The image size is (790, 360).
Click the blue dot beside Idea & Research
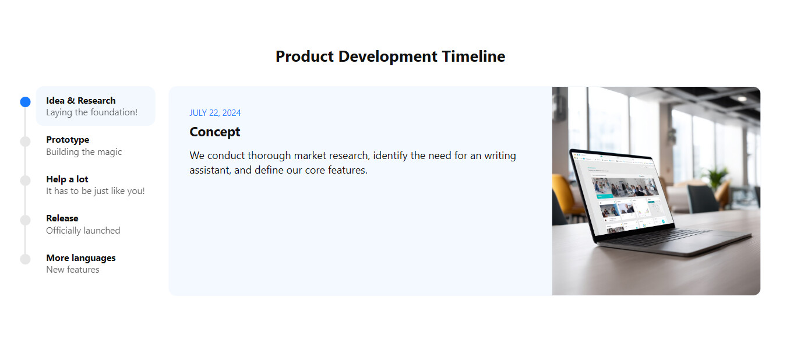pos(26,102)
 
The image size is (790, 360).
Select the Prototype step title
pos(68,140)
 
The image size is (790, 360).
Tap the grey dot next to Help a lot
pos(26,181)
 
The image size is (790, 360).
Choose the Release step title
pos(62,218)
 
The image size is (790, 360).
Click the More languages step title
pos(81,258)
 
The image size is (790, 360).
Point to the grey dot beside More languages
pos(26,259)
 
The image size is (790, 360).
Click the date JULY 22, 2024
pos(215,113)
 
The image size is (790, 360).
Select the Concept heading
pos(215,132)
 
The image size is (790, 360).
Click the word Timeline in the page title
pos(474,57)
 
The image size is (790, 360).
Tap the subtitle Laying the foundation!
pos(91,112)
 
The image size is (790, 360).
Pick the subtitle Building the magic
pos(84,152)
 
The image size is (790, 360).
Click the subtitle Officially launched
pos(83,231)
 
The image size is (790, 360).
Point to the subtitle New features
pos(73,270)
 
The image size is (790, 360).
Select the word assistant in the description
pos(210,170)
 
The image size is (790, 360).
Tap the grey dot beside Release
pos(26,220)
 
